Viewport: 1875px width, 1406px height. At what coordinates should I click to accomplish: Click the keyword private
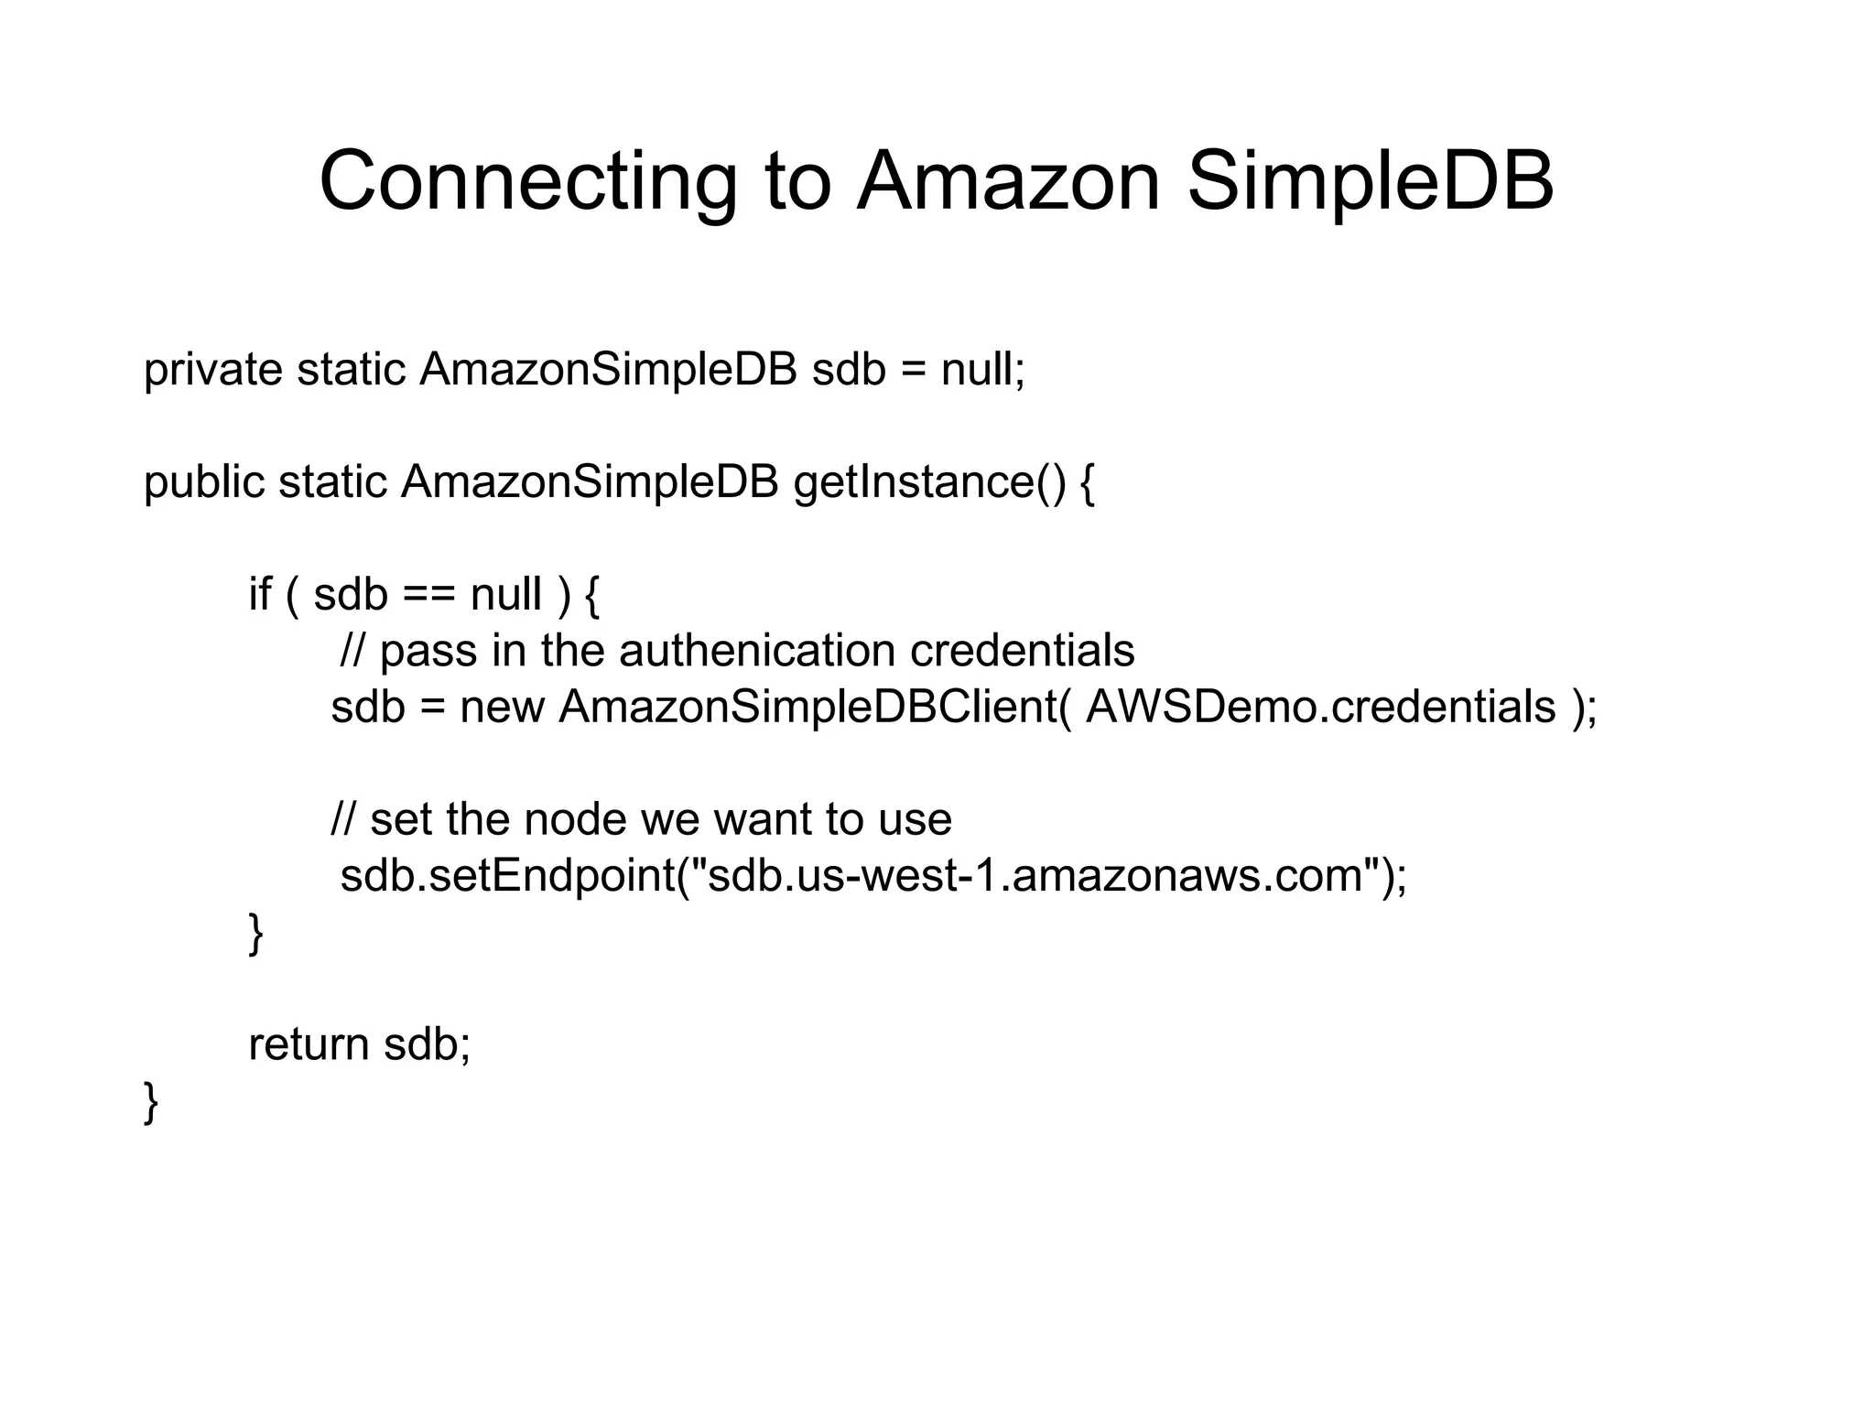click(x=212, y=371)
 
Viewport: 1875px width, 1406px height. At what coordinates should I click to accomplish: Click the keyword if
click(x=259, y=595)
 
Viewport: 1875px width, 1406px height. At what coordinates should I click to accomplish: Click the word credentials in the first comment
click(x=1022, y=651)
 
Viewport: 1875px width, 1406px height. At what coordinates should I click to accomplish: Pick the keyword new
click(x=502, y=708)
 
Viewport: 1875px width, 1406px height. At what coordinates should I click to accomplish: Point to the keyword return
click(x=308, y=1044)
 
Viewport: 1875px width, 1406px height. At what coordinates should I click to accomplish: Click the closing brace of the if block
click(x=256, y=935)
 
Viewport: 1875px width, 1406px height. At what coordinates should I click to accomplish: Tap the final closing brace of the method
click(x=151, y=1102)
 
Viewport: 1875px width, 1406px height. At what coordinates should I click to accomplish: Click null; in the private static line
click(x=982, y=371)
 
